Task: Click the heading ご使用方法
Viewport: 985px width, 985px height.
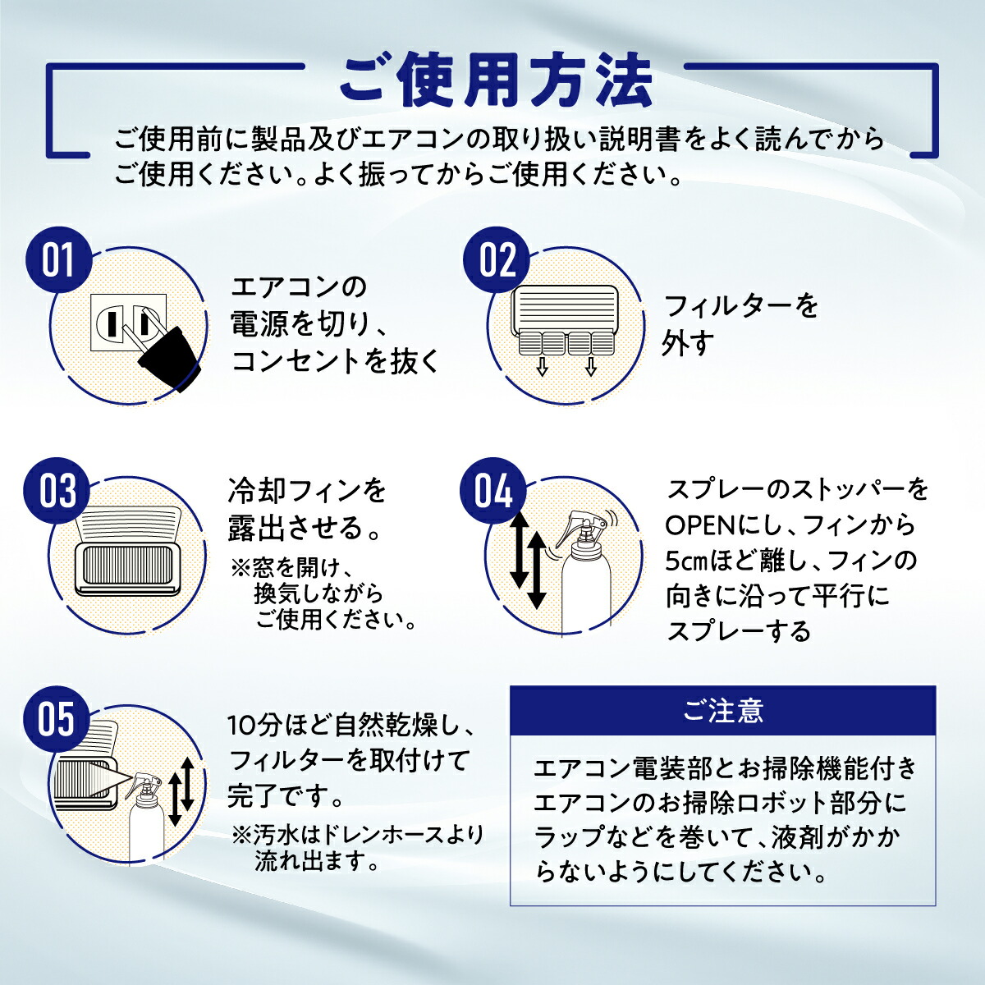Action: [x=495, y=80]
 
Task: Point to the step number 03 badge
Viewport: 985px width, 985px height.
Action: [x=58, y=491]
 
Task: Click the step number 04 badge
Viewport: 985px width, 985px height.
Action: [x=493, y=491]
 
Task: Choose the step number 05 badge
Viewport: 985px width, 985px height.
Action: [x=57, y=720]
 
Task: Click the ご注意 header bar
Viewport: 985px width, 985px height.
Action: [x=722, y=711]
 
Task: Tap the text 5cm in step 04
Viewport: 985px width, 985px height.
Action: [x=685, y=561]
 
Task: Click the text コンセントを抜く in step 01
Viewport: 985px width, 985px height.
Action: [x=336, y=361]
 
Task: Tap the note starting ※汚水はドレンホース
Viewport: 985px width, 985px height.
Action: [x=358, y=848]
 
